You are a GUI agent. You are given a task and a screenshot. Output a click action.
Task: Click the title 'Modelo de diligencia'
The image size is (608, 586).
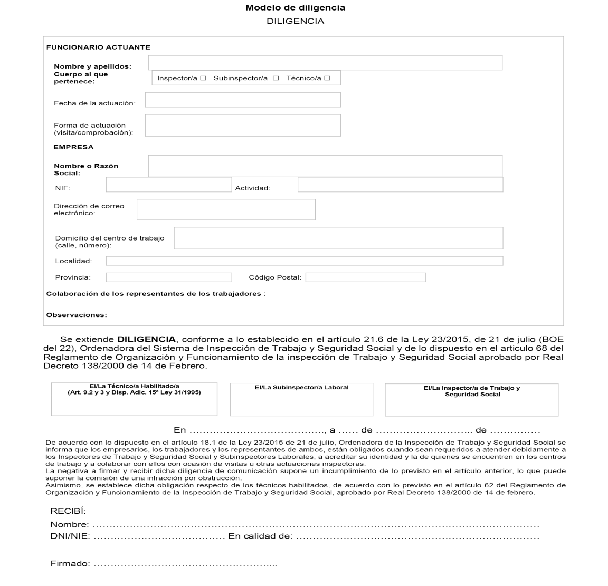pos(296,8)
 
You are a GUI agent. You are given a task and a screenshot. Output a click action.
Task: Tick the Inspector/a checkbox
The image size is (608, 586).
pos(203,78)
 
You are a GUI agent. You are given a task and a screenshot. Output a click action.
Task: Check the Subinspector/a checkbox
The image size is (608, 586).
pos(275,78)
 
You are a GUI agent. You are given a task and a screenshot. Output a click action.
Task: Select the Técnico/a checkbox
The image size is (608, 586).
pos(327,78)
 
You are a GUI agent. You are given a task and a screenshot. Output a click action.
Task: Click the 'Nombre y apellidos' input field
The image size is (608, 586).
pos(325,63)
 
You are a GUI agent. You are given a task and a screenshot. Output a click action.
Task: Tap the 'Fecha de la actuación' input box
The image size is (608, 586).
pos(243,100)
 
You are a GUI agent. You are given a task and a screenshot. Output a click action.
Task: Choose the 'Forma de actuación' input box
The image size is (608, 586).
pos(243,125)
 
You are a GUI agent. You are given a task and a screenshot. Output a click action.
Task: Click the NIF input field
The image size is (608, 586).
pos(169,185)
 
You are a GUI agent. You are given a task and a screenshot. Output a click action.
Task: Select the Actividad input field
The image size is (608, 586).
pos(400,185)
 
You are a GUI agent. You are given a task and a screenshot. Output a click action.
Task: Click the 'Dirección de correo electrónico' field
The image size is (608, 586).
pos(226,209)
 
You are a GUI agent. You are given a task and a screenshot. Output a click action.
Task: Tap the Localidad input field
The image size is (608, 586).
pos(304,261)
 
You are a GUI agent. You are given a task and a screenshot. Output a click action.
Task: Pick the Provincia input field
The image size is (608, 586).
pos(169,277)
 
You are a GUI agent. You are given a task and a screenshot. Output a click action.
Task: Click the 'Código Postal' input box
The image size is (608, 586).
pos(365,277)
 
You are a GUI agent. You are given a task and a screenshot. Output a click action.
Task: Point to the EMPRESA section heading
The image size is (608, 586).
pos(73,147)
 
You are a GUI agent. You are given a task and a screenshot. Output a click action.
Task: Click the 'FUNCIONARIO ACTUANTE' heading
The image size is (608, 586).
pos(98,47)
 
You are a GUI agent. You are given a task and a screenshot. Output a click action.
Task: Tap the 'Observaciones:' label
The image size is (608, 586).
pos(77,315)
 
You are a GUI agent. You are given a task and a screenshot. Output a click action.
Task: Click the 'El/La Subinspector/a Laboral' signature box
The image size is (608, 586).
pos(301,399)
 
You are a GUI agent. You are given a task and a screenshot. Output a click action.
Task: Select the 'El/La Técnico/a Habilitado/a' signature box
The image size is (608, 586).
pos(134,399)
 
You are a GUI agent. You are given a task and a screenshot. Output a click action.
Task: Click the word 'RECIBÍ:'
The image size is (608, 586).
pos(68,511)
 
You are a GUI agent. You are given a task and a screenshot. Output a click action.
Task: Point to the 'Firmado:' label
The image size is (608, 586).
pos(70,564)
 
